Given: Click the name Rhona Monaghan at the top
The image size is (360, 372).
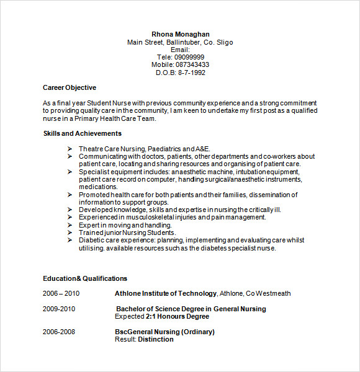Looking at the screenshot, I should coord(180,34).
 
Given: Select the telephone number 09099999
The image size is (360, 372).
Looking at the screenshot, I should coord(189,57).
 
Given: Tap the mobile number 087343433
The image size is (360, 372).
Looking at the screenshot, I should coord(192,64).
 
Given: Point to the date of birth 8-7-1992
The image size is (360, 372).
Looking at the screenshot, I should coord(191,73).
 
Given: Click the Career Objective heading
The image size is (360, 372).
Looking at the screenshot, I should coord(70,87).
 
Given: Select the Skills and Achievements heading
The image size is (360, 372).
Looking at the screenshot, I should coord(83,133).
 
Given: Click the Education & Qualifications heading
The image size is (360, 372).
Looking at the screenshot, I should coord(85,278).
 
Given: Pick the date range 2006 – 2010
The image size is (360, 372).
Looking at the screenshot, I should coord(61,293).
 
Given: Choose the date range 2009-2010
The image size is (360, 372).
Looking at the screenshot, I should coord(59,309).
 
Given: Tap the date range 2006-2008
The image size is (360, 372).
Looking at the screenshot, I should coord(59,332).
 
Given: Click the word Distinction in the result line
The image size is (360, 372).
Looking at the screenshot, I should coord(156,339).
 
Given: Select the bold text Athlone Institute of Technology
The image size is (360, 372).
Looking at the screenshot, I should coord(166,293).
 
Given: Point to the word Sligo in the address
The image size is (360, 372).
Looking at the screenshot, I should coord(225,42).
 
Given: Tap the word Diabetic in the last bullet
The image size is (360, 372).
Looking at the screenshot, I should coord(92,240).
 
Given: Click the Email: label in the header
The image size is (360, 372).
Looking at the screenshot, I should coord(180,50).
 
